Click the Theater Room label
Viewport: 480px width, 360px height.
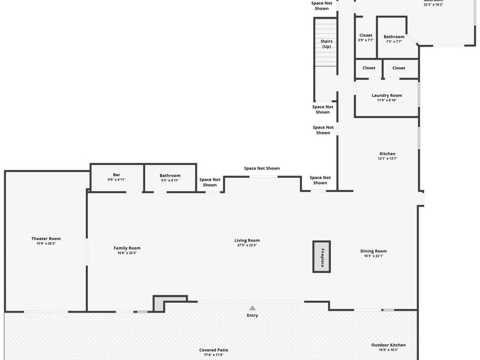(x=46, y=238)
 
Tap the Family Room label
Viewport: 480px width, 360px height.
(x=127, y=247)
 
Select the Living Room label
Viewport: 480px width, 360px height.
(x=247, y=240)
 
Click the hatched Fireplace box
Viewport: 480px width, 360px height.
(x=321, y=257)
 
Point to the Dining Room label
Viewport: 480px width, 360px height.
(x=373, y=251)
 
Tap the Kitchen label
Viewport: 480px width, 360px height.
(x=387, y=154)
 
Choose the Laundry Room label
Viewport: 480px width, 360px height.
(x=387, y=95)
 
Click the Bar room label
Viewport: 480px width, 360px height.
(x=116, y=175)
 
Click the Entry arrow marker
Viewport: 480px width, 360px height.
(x=252, y=308)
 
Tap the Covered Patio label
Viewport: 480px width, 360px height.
(x=214, y=350)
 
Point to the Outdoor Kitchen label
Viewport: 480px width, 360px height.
(x=388, y=345)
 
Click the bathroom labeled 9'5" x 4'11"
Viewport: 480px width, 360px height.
(x=170, y=175)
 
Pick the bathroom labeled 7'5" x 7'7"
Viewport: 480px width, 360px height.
(x=394, y=37)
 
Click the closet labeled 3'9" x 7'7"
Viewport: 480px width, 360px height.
(x=366, y=35)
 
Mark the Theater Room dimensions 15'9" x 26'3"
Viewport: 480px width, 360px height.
(x=46, y=244)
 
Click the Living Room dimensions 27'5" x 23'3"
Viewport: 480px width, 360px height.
(x=247, y=245)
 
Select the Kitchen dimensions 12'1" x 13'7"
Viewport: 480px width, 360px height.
(x=387, y=158)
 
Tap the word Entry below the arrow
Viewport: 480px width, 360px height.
(x=252, y=315)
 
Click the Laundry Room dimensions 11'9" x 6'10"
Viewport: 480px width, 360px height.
(x=387, y=100)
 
